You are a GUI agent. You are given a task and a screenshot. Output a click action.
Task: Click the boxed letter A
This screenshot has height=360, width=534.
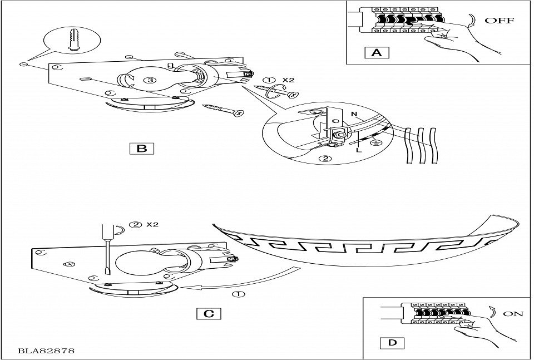point(377,53)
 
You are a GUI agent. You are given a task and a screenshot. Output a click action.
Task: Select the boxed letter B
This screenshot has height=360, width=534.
point(142,149)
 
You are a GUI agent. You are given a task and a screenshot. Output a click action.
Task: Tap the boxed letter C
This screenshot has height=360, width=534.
point(209,313)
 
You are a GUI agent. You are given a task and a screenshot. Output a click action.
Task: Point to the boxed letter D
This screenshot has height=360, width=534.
point(392,342)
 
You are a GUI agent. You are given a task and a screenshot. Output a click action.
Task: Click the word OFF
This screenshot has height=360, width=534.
point(500,21)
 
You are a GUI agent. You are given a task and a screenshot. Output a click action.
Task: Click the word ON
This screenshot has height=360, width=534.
point(513,313)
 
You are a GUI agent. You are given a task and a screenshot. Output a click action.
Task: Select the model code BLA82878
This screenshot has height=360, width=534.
point(46,351)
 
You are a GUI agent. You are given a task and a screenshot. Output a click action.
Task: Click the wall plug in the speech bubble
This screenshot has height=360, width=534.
point(73,40)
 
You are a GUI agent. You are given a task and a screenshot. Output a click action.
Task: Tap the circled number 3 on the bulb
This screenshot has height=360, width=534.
point(150,80)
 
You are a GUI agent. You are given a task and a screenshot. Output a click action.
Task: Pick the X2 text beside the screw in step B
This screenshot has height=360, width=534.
point(288,80)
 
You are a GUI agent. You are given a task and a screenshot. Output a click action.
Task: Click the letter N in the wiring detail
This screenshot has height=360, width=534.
point(354,114)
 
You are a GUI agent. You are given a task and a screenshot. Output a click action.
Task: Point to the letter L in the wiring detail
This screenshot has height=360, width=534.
point(359,150)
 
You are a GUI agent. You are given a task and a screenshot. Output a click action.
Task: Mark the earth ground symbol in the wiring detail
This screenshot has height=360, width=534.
point(375,143)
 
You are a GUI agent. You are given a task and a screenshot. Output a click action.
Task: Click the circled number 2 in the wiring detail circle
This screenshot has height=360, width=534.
point(326,159)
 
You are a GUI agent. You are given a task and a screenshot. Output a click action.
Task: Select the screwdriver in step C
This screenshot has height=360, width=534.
point(107,249)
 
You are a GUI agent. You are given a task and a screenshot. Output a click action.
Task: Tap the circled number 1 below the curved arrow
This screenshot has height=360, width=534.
point(240,294)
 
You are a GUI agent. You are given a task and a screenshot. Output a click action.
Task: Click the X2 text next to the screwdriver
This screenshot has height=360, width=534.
point(152,224)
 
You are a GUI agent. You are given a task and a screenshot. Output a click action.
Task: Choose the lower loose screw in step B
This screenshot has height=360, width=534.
point(224,110)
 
